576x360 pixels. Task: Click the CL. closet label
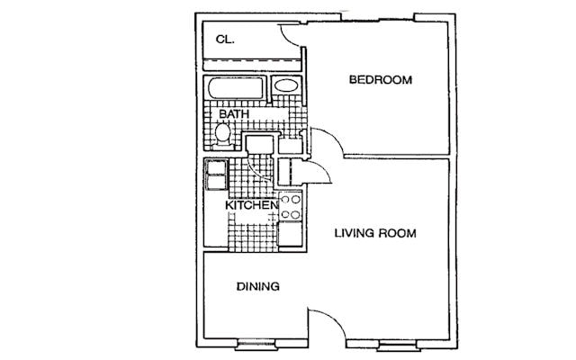[x=225, y=40]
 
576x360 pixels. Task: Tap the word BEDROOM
[x=381, y=80]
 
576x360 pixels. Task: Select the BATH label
[x=234, y=114]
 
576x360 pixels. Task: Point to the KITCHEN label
[x=252, y=205]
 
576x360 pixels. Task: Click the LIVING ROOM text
[x=375, y=233]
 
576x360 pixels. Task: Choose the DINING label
[x=258, y=286]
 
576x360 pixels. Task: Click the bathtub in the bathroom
[x=236, y=88]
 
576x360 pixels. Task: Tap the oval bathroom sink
[x=286, y=85]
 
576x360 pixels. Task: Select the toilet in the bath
[x=222, y=135]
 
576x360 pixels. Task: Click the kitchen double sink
[x=216, y=175]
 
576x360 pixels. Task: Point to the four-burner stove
[x=290, y=207]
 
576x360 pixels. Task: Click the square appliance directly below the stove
[x=290, y=234]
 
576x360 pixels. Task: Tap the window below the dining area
[x=256, y=345]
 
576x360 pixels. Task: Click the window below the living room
[x=398, y=346]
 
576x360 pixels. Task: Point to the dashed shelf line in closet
[x=252, y=60]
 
